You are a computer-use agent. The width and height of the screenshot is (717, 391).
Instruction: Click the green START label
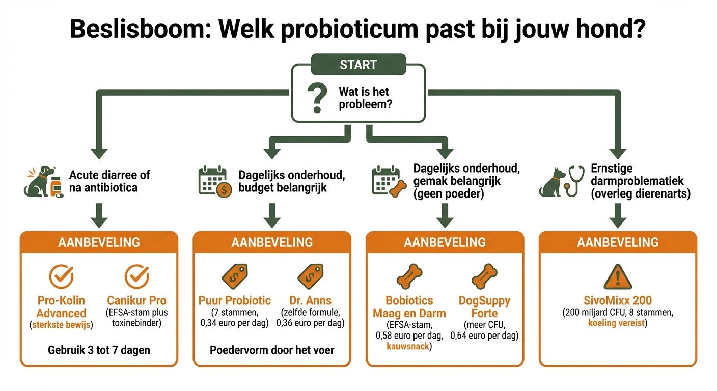[x=358, y=65]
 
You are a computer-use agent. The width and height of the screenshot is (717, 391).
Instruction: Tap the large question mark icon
[x=317, y=98]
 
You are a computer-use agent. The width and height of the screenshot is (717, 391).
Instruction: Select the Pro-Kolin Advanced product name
[x=62, y=307]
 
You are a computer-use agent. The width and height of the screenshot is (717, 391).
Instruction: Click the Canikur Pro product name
[x=136, y=300]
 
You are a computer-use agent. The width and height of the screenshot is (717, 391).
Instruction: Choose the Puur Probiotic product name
[x=235, y=300]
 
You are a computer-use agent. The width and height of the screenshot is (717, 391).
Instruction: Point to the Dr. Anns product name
[x=310, y=300]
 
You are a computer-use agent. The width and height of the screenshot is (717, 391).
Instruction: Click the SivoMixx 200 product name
[x=617, y=300]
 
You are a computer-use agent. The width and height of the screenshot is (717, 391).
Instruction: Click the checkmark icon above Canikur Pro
[x=136, y=276]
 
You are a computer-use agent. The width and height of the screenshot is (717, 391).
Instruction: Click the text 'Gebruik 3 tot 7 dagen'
[x=99, y=350]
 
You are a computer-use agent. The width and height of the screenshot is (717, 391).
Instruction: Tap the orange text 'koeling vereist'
[x=617, y=323]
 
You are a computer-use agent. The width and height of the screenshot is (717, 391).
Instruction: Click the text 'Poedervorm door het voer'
[x=272, y=350]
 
